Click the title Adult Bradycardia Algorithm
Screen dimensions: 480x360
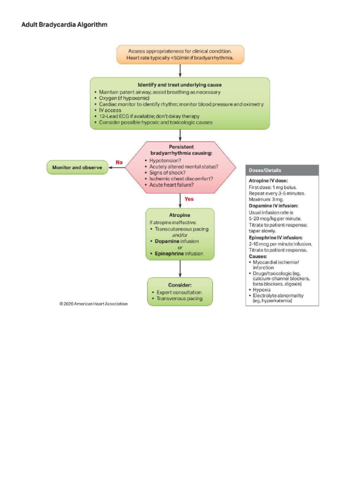64,24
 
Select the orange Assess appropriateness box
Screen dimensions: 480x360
180,55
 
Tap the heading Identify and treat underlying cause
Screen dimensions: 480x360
180,85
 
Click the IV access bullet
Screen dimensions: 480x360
110,110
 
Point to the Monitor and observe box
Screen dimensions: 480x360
77,167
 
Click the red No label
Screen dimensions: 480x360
119,162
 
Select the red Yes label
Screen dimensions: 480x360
189,199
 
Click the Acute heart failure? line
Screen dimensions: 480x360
172,185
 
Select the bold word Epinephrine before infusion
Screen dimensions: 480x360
169,254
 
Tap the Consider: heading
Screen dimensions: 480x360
180,285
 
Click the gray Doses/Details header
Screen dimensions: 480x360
282,170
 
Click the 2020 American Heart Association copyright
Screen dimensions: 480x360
93,304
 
